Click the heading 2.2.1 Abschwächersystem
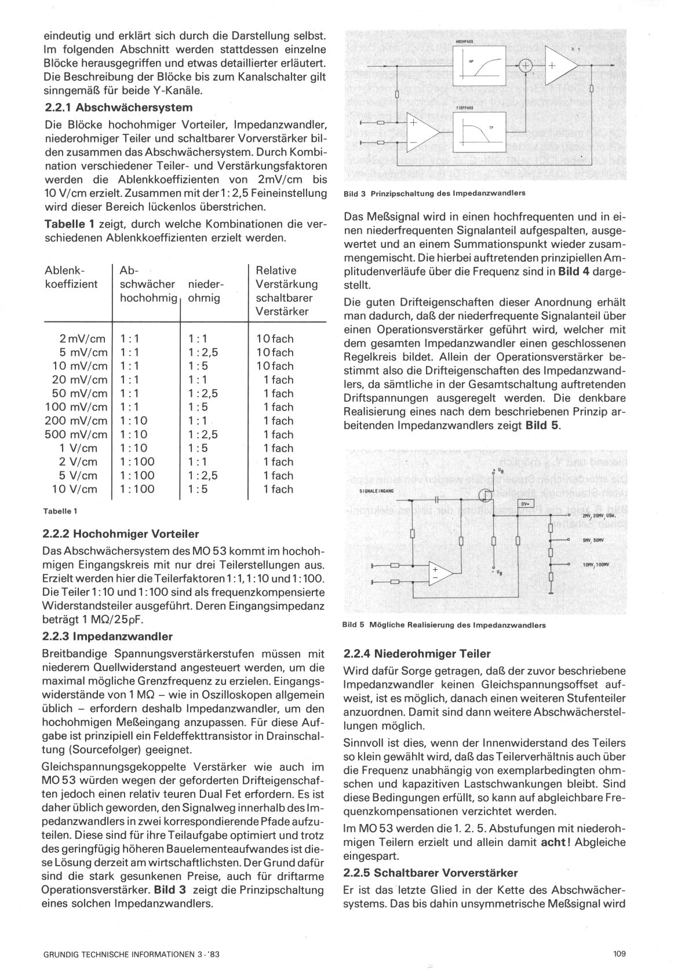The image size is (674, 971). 118,108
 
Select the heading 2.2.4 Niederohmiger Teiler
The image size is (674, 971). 417,654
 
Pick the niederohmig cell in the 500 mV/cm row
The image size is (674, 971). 203,434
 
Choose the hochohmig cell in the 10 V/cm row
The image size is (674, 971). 137,489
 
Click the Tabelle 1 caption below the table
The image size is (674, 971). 60,511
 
